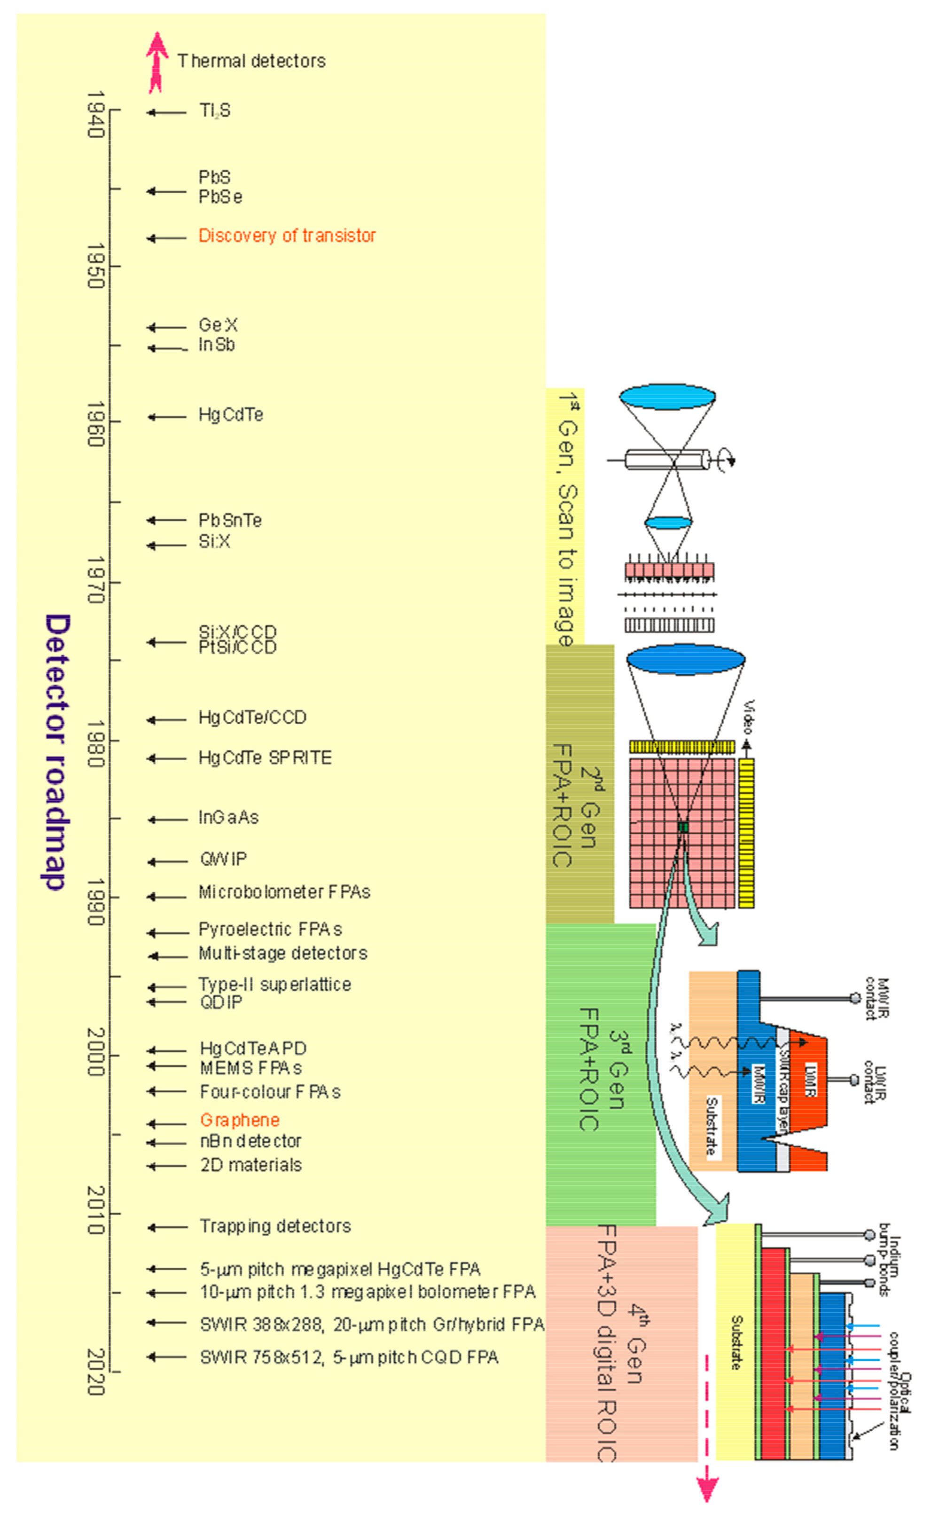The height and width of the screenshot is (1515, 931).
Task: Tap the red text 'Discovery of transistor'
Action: [x=287, y=236]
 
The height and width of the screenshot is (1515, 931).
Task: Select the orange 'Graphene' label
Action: [x=240, y=1120]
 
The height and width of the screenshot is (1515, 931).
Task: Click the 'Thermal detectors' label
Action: [x=251, y=61]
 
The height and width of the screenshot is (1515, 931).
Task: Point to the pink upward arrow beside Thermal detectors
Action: [x=157, y=62]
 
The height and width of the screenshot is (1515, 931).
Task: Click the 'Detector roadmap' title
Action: [x=57, y=752]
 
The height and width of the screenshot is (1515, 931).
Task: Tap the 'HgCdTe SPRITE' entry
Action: [x=265, y=757]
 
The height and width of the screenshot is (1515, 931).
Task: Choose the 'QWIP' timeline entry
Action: [x=223, y=859]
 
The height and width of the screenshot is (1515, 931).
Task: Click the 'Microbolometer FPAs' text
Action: [x=284, y=892]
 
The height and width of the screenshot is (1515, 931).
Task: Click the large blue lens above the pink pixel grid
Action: [x=685, y=660]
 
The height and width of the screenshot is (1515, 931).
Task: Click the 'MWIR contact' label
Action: [x=877, y=998]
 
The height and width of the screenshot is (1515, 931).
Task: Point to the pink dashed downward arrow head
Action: [x=707, y=1491]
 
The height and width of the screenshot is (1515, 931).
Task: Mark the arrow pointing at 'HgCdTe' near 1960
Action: [x=166, y=417]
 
